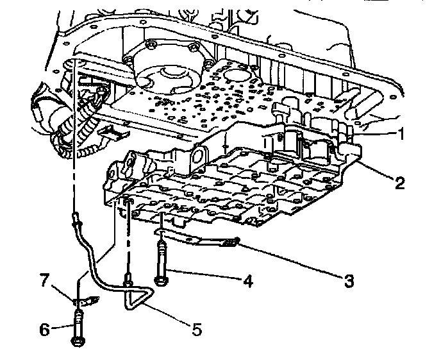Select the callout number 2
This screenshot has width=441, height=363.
coord(400,184)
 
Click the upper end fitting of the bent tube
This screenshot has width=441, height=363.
coord(76,221)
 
